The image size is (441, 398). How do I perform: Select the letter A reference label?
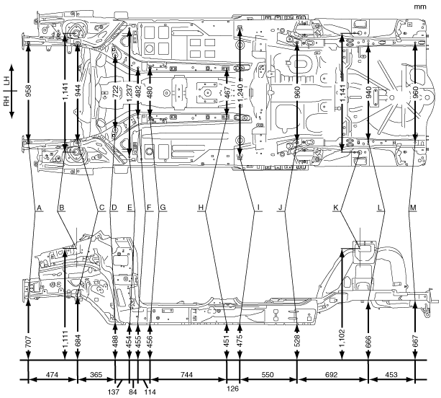40,208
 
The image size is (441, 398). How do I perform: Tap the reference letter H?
202,208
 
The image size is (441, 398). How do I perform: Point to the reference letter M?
412,208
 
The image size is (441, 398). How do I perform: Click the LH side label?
5,85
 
